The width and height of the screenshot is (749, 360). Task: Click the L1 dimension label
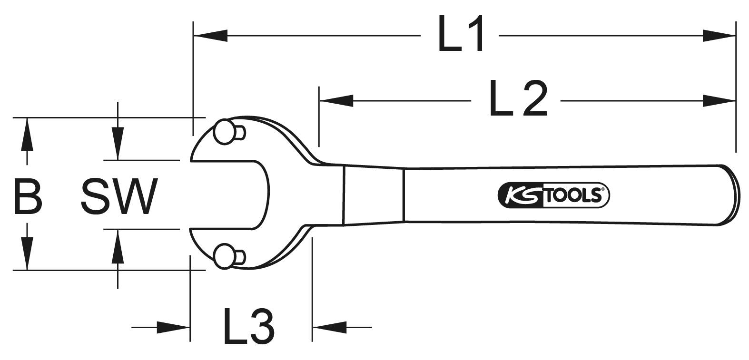tap(461, 34)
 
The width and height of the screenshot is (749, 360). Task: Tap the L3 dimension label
tap(248, 327)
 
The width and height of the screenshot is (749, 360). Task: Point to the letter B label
tap(28, 196)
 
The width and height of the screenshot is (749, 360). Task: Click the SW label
tap(119, 196)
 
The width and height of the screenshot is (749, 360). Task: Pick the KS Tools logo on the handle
tap(553, 195)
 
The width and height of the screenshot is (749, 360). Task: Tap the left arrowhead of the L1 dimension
tap(209, 35)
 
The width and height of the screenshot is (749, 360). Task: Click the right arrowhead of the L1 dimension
tap(719, 35)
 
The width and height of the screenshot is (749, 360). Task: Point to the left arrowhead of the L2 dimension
tap(336, 100)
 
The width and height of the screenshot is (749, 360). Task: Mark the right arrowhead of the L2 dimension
tap(719, 100)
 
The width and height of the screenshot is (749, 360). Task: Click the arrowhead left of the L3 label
tap(174, 327)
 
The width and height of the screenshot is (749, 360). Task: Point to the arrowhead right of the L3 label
tap(329, 327)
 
